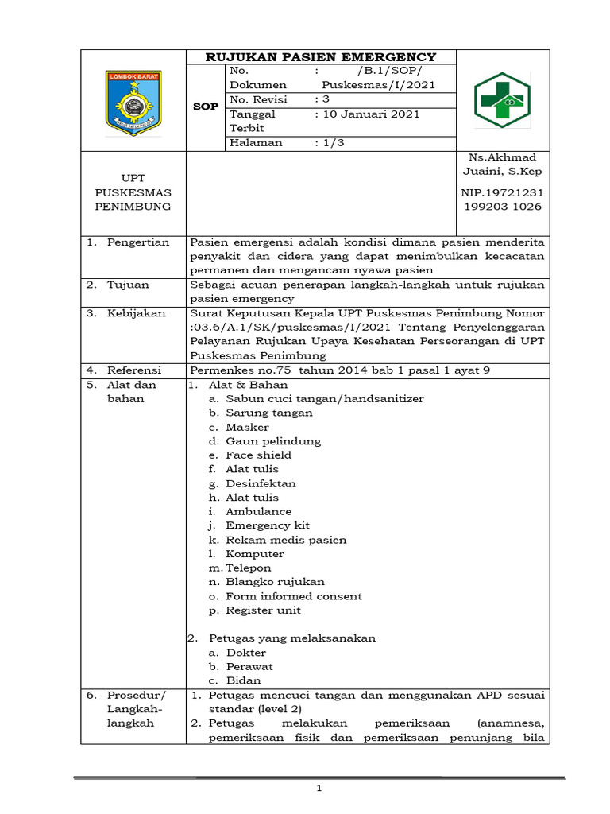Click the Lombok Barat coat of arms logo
click(x=133, y=102)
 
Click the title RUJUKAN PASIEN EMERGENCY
click(x=321, y=56)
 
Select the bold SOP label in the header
click(x=206, y=107)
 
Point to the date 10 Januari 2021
click(x=367, y=114)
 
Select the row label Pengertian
click(x=138, y=242)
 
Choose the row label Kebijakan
click(x=137, y=313)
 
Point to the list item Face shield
click(x=258, y=455)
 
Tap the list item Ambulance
click(x=258, y=512)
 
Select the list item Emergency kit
click(x=268, y=526)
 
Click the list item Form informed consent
click(x=293, y=596)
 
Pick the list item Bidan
click(x=243, y=680)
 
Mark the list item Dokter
click(x=245, y=653)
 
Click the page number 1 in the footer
click(x=319, y=788)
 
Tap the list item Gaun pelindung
click(x=273, y=441)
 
